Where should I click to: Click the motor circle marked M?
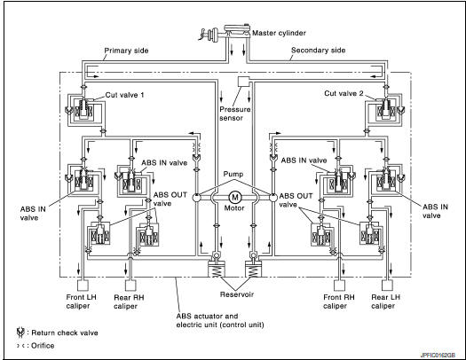235,197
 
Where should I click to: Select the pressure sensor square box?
244,82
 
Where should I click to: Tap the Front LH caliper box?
83,286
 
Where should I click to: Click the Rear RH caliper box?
130,286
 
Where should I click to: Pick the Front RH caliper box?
339,286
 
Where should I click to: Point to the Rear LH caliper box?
387,286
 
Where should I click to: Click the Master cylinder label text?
279,33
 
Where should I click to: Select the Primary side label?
126,51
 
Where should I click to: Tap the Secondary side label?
318,51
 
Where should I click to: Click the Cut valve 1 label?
124,95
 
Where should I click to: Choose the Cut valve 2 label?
344,93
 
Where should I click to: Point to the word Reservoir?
237,294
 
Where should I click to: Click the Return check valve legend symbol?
20,333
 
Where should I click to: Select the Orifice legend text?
43,346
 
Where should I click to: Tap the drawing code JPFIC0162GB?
438,355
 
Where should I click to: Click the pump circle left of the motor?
197,197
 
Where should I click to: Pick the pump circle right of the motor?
273,197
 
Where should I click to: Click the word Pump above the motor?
233,174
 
